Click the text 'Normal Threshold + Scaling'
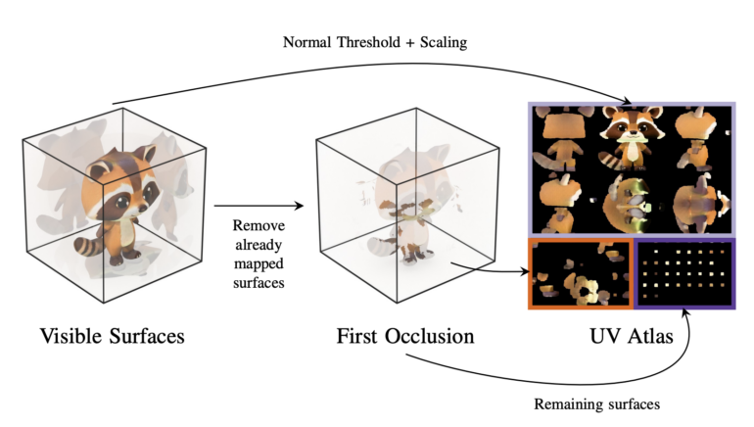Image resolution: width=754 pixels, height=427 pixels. click(376, 43)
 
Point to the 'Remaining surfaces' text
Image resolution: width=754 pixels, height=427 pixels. click(597, 403)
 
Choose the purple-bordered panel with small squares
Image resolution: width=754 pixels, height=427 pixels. click(683, 273)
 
